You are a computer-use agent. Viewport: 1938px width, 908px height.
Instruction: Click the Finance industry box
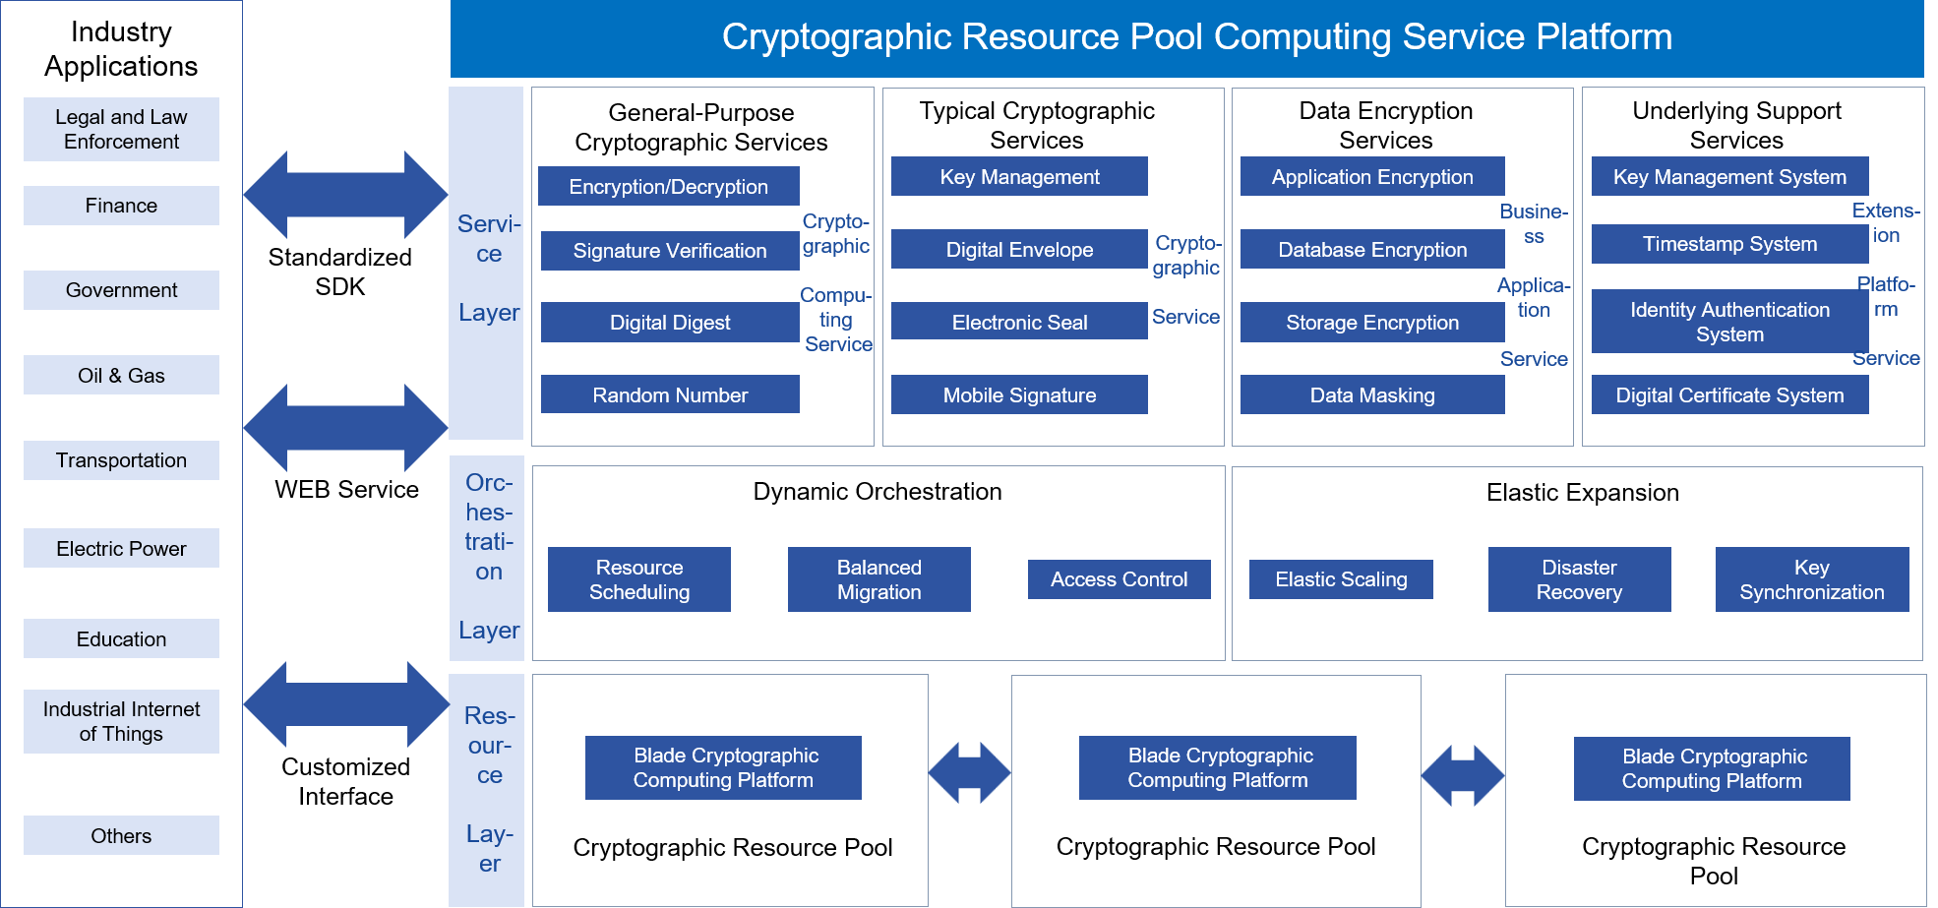121,206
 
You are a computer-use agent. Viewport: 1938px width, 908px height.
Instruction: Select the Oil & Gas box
121,375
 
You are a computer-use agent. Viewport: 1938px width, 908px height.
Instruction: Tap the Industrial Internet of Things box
121,721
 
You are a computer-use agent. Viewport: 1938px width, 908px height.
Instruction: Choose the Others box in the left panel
121,835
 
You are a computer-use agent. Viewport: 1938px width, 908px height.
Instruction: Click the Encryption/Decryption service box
668,186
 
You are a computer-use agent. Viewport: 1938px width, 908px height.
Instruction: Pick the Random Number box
670,394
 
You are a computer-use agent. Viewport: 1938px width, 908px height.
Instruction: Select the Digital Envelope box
1019,249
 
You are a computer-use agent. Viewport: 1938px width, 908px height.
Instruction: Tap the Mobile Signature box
1019,394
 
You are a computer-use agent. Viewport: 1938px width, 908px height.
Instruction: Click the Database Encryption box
1372,249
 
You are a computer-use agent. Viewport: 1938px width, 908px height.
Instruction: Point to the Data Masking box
1372,394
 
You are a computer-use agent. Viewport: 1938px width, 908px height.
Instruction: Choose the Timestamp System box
1729,243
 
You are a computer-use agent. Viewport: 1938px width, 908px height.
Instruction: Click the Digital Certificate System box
1729,394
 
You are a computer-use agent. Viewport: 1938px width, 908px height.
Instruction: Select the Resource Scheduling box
639,579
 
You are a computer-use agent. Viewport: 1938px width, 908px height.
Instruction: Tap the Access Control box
1119,579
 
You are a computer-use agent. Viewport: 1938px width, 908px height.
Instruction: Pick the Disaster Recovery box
1579,579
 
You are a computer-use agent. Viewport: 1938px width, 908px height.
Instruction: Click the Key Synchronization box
1811,579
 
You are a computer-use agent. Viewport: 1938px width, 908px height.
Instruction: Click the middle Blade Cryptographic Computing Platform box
1218,767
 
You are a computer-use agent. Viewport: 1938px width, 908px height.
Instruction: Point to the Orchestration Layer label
488,557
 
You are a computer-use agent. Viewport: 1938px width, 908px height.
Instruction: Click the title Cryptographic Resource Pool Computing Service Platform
1196,37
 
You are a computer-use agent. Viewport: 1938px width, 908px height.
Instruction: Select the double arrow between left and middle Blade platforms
969,772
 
